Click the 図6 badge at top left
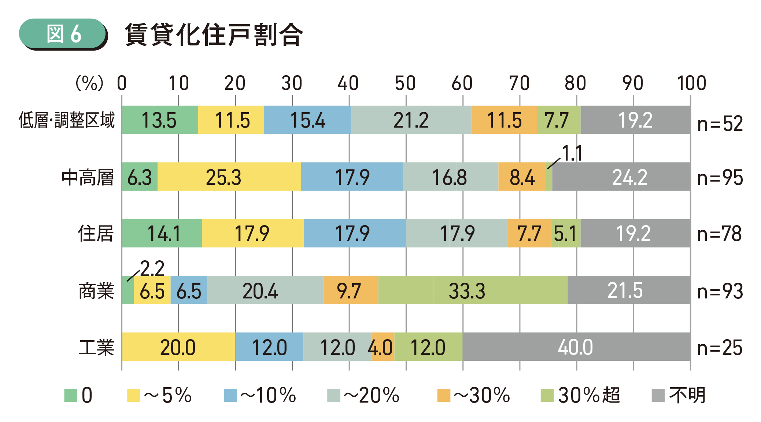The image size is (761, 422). (63, 34)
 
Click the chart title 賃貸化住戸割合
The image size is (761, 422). (214, 35)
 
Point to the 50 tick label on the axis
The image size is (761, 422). (405, 83)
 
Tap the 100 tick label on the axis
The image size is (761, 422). (691, 83)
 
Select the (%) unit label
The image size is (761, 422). (89, 83)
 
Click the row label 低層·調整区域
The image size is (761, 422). (67, 120)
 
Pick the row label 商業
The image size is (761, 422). (96, 291)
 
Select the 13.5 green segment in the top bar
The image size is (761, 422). (159, 120)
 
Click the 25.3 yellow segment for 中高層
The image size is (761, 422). (224, 177)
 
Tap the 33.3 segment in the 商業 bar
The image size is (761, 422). (467, 291)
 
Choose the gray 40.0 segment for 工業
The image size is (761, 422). (575, 347)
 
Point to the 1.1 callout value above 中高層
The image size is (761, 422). (572, 153)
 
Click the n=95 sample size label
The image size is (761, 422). (720, 178)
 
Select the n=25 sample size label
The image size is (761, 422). (720, 348)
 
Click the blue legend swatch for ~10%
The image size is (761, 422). (230, 395)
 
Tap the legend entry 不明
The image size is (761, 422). (687, 395)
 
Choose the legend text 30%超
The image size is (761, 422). (589, 395)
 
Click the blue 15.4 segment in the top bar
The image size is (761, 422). (307, 120)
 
